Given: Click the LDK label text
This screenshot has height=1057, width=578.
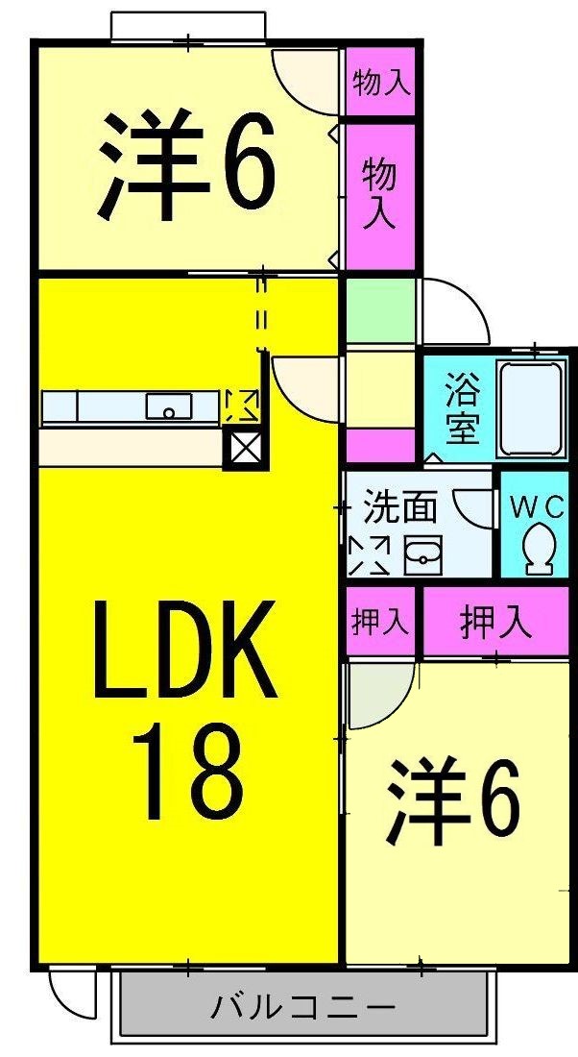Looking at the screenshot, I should point(184,651).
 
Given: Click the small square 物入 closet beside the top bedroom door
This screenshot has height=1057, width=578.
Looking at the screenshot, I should point(381,83).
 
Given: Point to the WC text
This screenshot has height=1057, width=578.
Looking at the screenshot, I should point(537,506).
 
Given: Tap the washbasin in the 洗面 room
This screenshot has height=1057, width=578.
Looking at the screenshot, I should point(421,554).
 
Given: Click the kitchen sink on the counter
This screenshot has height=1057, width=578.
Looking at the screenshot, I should point(169,407).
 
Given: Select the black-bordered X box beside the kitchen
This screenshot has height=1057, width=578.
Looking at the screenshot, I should point(240,449).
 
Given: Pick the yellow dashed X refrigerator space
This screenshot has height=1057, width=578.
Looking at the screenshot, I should point(240,406).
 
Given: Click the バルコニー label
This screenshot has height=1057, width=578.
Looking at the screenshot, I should point(302,1008).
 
